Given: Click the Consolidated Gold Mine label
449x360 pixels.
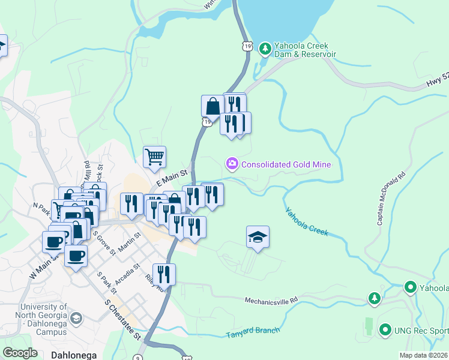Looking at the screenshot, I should pyautogui.click(x=286, y=164).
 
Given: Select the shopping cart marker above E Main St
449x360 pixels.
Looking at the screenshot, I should pyautogui.click(x=154, y=157).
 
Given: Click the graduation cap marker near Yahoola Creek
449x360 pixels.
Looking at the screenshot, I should pyautogui.click(x=258, y=238).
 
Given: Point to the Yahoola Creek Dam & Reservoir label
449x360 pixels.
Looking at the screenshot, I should pyautogui.click(x=304, y=50).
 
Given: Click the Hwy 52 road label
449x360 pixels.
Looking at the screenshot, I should pyautogui.click(x=437, y=76).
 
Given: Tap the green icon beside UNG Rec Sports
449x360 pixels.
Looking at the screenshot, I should pyautogui.click(x=385, y=329).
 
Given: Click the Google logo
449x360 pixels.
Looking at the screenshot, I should pyautogui.click(x=20, y=352).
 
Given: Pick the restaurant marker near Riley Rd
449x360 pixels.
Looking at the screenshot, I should pyautogui.click(x=164, y=274).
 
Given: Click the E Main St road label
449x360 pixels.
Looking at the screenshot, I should pyautogui.click(x=172, y=176).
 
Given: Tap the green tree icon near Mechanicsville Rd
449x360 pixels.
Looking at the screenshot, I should pyautogui.click(x=374, y=298).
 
